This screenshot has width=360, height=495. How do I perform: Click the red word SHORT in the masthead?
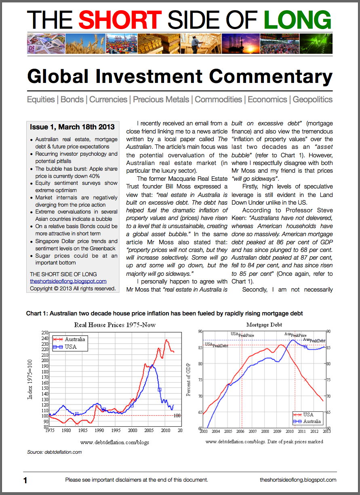[120, 19]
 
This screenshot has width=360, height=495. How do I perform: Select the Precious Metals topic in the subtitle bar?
[161, 99]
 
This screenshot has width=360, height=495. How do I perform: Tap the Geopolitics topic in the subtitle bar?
[312, 99]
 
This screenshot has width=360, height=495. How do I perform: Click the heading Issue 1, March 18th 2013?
[72, 127]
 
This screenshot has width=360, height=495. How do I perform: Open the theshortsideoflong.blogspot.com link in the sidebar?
[68, 281]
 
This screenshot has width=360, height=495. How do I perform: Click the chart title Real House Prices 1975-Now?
[115, 325]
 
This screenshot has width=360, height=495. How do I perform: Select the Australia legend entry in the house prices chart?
[75, 339]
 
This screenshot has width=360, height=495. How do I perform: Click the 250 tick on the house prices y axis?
[44, 332]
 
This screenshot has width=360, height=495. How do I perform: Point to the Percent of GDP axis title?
[189, 379]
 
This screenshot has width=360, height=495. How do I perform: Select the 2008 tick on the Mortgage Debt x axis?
[265, 432]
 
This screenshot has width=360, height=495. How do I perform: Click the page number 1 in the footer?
[25, 480]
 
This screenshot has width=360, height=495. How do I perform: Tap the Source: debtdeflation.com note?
[54, 452]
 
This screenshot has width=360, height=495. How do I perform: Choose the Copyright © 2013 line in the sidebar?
[73, 289]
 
